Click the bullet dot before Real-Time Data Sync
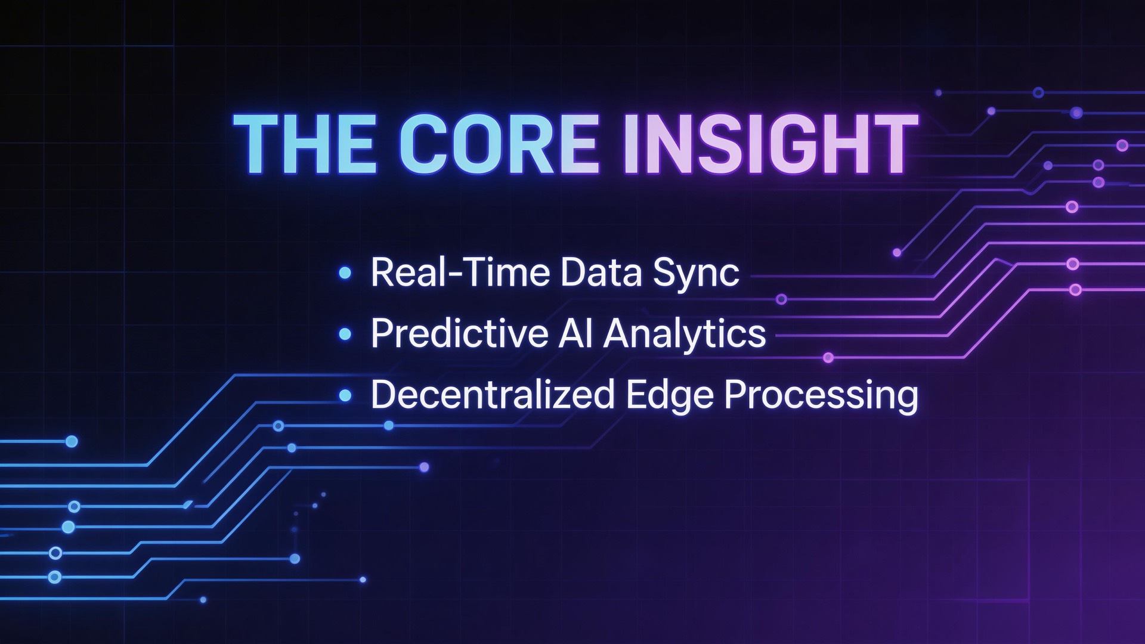[x=345, y=273]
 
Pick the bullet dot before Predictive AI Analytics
[x=345, y=334]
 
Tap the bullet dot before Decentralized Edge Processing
[x=345, y=395]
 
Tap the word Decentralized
[x=493, y=395]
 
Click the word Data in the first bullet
[x=601, y=273]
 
